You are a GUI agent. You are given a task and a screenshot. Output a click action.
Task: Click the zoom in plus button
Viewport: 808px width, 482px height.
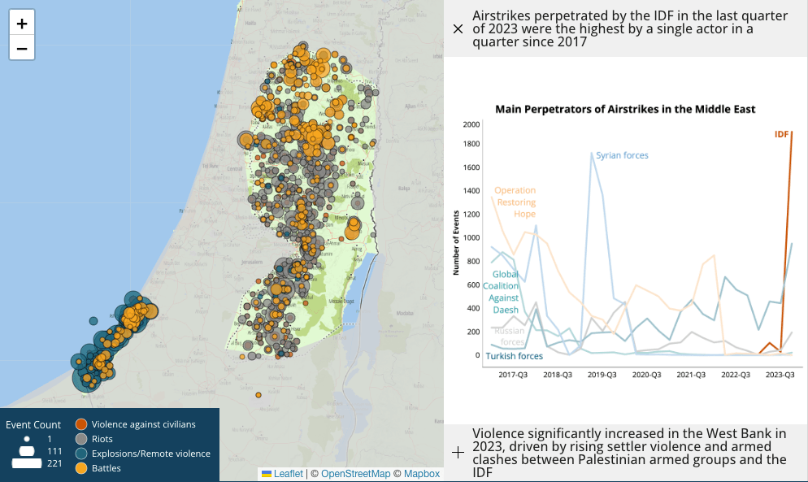click(22, 23)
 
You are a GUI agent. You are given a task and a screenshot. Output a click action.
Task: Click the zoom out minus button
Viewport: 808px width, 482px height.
click(22, 48)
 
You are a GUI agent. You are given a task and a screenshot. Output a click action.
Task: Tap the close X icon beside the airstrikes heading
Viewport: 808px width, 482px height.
click(458, 29)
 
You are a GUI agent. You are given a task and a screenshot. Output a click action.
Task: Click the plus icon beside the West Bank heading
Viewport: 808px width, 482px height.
click(458, 453)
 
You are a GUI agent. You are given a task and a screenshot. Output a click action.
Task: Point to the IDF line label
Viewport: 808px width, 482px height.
click(781, 134)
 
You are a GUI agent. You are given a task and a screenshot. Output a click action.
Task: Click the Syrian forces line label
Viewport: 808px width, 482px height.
click(622, 155)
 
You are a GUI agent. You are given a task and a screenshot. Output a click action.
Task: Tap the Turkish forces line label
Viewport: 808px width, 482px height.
click(514, 356)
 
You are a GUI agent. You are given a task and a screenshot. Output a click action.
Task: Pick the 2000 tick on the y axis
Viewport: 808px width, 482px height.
click(471, 124)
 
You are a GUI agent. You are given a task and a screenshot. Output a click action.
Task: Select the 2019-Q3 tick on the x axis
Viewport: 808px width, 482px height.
click(602, 375)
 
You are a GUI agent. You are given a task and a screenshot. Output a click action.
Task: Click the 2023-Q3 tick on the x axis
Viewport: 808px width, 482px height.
click(780, 375)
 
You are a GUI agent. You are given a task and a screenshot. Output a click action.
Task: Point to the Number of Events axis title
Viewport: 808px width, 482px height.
click(456, 241)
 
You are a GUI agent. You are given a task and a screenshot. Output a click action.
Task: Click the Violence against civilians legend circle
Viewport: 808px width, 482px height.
click(80, 423)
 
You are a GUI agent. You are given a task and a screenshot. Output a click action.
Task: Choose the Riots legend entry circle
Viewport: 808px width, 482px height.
click(80, 439)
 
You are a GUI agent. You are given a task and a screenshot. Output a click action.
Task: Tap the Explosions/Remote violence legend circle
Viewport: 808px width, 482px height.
click(80, 454)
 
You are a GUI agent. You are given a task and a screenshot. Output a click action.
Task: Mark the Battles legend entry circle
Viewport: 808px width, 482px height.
click(80, 468)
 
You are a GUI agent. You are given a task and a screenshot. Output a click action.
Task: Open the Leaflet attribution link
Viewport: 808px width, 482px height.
click(288, 474)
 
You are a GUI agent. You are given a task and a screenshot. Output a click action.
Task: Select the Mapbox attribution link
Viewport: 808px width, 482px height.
click(422, 474)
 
